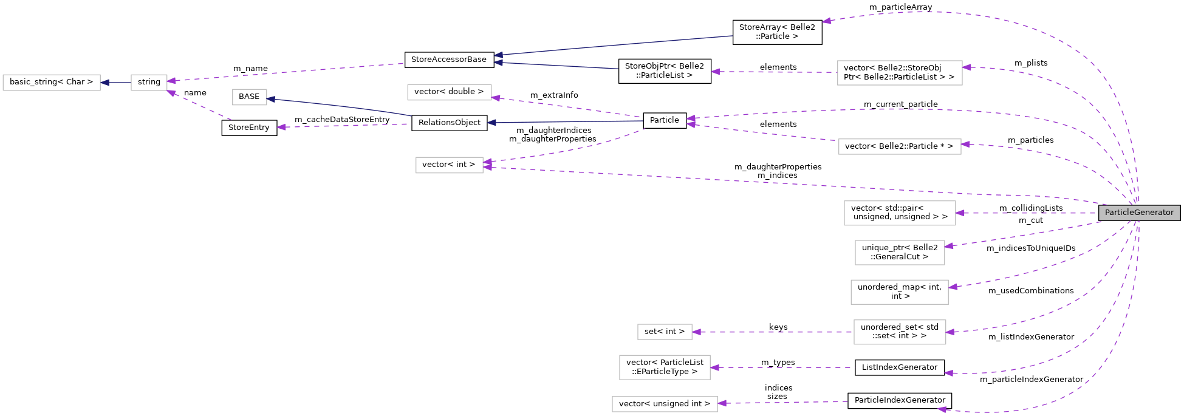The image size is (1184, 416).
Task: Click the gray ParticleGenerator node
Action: point(1139,213)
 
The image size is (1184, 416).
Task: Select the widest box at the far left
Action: point(52,83)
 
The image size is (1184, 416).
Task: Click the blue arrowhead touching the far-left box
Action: point(105,83)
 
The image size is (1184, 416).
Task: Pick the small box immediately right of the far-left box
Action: point(149,83)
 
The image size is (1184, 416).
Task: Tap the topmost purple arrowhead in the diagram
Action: point(827,21)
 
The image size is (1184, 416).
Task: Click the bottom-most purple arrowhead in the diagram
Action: point(942,409)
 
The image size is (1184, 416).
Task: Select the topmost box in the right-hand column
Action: point(899,73)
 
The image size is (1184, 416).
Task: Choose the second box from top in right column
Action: point(899,146)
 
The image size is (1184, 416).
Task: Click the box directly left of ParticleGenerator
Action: point(899,213)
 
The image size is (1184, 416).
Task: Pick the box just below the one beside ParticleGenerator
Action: point(899,253)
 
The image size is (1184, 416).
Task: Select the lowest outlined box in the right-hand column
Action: point(899,332)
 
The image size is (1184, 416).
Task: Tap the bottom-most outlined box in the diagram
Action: point(665,404)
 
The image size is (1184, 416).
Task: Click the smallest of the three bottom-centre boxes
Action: point(665,332)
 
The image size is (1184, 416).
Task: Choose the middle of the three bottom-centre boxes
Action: point(665,367)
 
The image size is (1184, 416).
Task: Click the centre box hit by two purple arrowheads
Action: point(449,165)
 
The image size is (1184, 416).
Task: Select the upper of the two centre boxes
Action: point(449,92)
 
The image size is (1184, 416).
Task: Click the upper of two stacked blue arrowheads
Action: point(498,55)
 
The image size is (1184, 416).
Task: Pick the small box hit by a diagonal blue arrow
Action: point(249,97)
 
